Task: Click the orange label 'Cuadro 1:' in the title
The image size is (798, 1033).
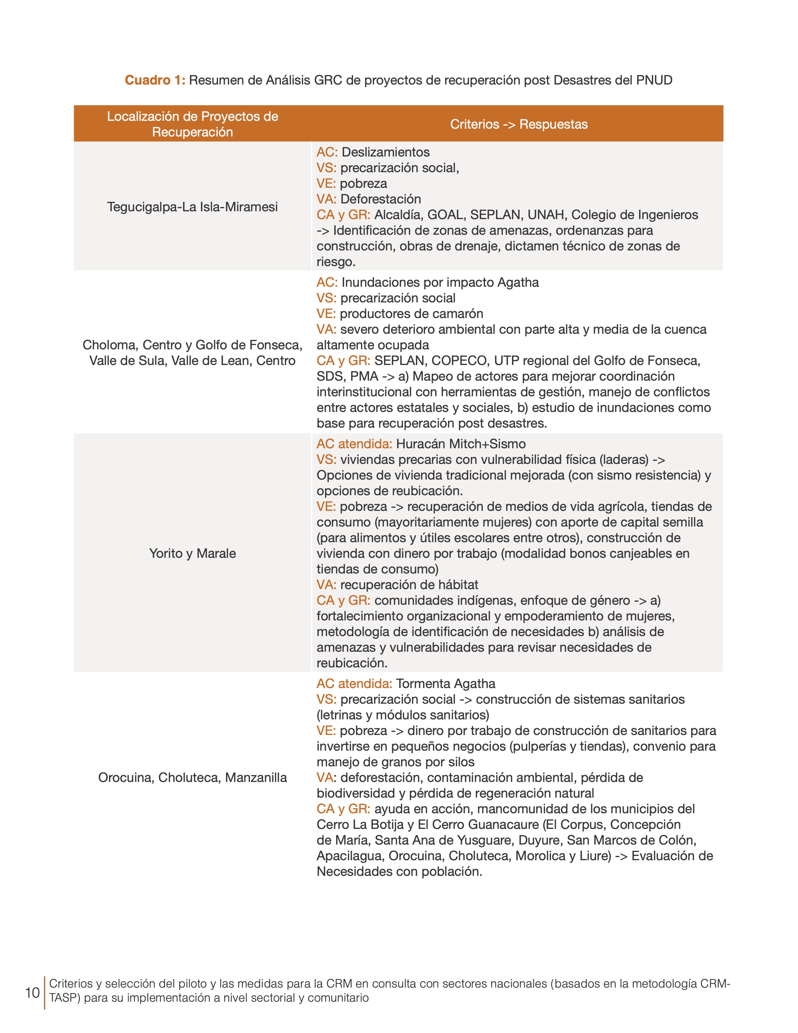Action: pyautogui.click(x=155, y=80)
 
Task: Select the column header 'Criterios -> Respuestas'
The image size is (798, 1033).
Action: pyautogui.click(x=519, y=124)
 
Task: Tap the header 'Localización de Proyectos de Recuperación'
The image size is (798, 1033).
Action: pyautogui.click(x=192, y=124)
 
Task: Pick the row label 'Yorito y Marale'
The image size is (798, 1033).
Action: pyautogui.click(x=192, y=553)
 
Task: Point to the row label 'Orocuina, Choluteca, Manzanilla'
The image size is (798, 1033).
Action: pyautogui.click(x=192, y=778)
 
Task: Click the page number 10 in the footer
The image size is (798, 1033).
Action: pyautogui.click(x=32, y=993)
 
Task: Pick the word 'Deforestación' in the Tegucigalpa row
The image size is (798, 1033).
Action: pyautogui.click(x=381, y=199)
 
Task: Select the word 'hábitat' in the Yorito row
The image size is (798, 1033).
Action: pyautogui.click(x=458, y=585)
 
